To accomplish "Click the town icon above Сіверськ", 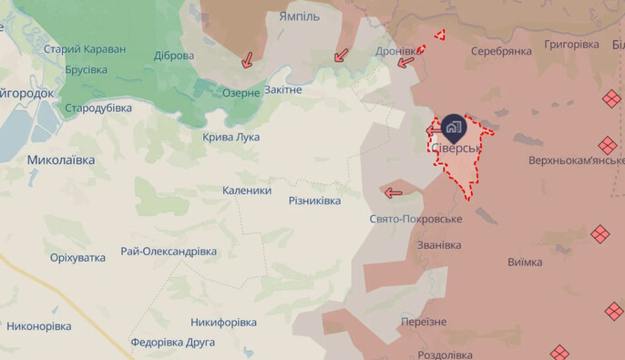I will point(454,128).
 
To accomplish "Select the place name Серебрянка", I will point(501,51).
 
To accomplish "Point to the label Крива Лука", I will point(231,137).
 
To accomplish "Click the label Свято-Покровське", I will point(416,219).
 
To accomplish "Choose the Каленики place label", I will point(247,190).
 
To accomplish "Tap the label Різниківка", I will point(314,201).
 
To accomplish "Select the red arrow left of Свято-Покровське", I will point(394,192).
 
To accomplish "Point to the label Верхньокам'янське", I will point(576,160).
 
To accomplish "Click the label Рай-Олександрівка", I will point(169,252).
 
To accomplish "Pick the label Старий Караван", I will point(85,48).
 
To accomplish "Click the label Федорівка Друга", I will point(172,343).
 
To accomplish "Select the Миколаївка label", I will point(60,159).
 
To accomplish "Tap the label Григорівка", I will point(571,44).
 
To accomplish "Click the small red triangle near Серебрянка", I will point(439,36).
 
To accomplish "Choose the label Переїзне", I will point(424,322).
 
